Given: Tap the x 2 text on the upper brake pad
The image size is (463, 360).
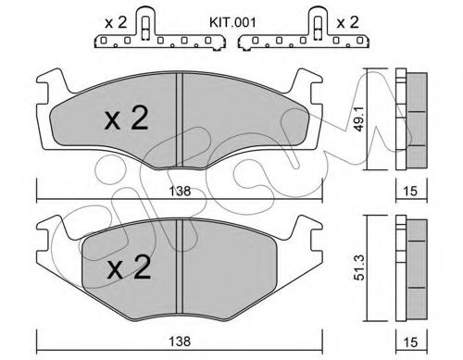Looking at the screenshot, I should coord(125,119).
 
